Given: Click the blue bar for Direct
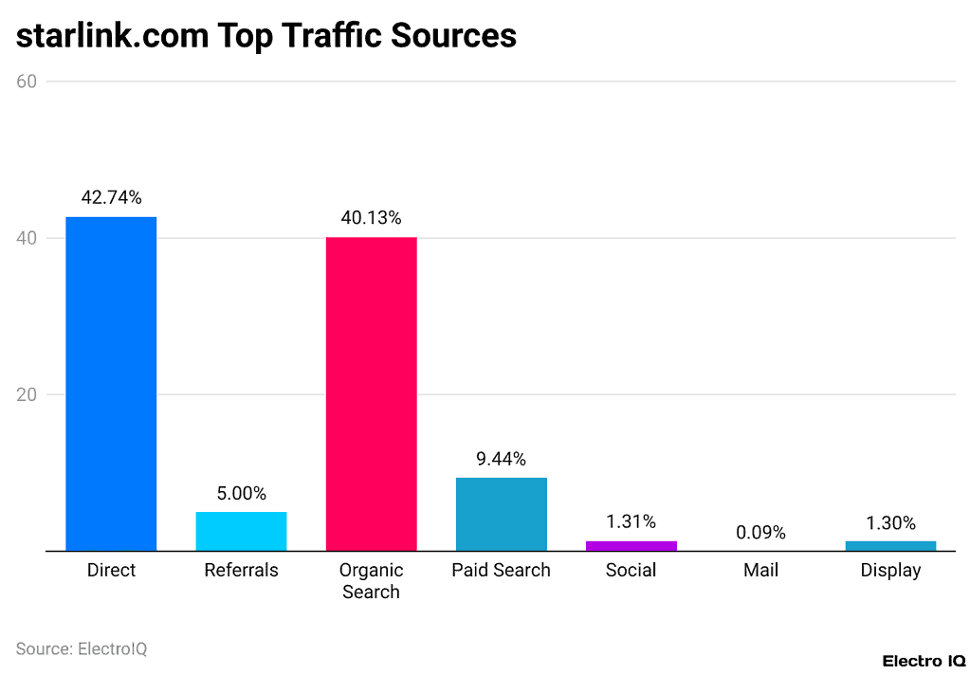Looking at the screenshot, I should pyautogui.click(x=111, y=384).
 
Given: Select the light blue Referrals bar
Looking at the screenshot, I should pyautogui.click(x=241, y=531).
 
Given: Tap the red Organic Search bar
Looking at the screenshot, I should pyautogui.click(x=371, y=393).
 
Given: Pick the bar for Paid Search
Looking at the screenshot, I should pyautogui.click(x=501, y=514).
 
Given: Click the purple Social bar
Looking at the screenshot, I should pyautogui.click(x=631, y=545).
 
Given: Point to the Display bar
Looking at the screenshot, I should pyautogui.click(x=890, y=545).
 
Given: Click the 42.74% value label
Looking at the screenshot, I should pyautogui.click(x=111, y=198).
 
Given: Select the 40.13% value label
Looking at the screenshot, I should pyautogui.click(x=371, y=218).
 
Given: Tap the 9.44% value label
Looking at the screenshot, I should pyautogui.click(x=501, y=459).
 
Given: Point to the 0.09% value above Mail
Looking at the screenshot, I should pyautogui.click(x=761, y=533).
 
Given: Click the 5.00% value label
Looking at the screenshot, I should pyautogui.click(x=241, y=494).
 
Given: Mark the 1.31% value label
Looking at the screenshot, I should pyautogui.click(x=631, y=522).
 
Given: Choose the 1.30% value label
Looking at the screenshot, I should pyautogui.click(x=890, y=522).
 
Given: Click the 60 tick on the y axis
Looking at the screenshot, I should pyautogui.click(x=27, y=82).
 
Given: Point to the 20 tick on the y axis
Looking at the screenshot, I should pyautogui.click(x=27, y=394).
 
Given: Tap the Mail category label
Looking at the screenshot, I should pyautogui.click(x=761, y=571).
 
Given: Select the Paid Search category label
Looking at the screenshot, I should pyautogui.click(x=501, y=571).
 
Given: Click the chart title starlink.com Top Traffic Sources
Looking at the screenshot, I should pyautogui.click(x=266, y=35).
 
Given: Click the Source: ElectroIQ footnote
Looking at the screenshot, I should pyautogui.click(x=82, y=649).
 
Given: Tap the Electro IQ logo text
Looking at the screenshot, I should pyautogui.click(x=924, y=661).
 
